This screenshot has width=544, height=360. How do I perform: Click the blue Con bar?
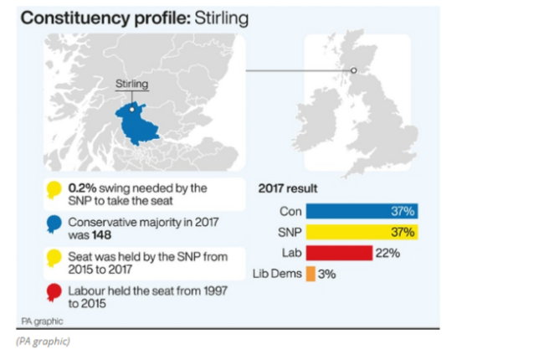tap(362, 212)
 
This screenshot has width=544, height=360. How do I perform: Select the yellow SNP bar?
tap(362, 232)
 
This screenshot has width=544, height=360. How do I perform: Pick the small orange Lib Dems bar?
tap(310, 273)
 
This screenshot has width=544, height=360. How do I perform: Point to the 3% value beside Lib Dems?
tap(326, 273)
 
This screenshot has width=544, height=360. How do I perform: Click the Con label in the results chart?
tap(290, 212)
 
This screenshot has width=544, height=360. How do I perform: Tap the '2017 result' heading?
tap(288, 188)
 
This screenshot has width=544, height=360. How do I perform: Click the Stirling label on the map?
tap(131, 85)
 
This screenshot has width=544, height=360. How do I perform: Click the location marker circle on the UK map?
tap(353, 70)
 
